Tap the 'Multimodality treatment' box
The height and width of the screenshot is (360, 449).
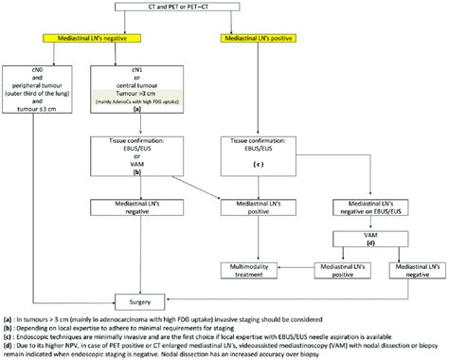[x=255, y=274]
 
